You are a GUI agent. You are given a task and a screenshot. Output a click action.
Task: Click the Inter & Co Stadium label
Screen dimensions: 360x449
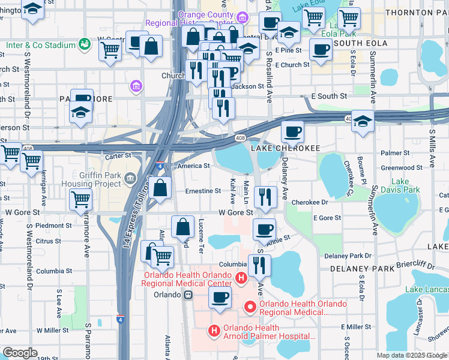tap(40, 45)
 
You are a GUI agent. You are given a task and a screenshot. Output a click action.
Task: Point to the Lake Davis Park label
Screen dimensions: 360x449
tap(405, 186)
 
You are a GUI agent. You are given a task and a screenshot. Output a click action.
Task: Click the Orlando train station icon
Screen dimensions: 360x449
tap(188, 295)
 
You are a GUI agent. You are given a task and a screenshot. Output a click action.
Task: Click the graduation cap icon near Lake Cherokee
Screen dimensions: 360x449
tap(363, 121)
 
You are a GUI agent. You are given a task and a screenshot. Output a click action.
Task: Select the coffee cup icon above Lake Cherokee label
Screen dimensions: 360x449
tap(292, 131)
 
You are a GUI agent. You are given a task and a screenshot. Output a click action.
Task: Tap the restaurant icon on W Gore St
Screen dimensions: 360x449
tap(265, 196)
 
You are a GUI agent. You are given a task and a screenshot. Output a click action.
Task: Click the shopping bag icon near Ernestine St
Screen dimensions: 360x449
tap(160, 188)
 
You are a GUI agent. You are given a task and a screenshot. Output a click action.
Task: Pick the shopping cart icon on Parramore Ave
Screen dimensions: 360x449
tap(80, 199)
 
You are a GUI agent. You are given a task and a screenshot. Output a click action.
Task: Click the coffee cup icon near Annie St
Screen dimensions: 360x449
tap(264, 229)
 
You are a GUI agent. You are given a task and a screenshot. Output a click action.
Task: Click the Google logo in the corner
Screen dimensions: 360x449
tap(19, 353)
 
